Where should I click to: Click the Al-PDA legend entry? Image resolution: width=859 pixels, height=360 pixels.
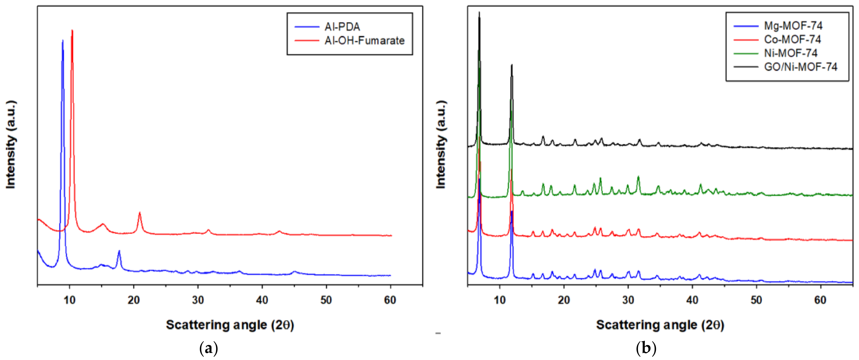(342, 27)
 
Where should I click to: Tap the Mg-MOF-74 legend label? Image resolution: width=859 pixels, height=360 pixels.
(793, 26)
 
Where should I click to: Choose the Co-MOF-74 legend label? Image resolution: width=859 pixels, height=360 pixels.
(792, 39)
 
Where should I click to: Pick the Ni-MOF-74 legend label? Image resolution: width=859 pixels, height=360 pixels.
(791, 53)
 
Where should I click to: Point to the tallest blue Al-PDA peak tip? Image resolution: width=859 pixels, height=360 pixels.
(63, 41)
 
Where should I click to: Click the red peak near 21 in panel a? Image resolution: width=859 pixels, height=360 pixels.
(140, 213)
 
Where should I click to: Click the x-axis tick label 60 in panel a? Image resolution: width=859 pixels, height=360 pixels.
(390, 300)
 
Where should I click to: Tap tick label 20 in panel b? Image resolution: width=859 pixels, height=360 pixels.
(564, 300)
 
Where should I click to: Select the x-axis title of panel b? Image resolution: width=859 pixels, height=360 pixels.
(660, 325)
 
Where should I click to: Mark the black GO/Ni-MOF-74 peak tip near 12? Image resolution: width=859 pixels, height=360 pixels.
(511, 65)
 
